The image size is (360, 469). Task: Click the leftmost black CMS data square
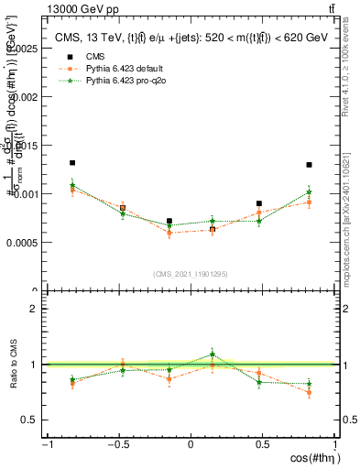[x=72, y=163]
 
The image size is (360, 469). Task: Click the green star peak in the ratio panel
[x=213, y=354]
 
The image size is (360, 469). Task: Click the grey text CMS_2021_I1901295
[x=191, y=274]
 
